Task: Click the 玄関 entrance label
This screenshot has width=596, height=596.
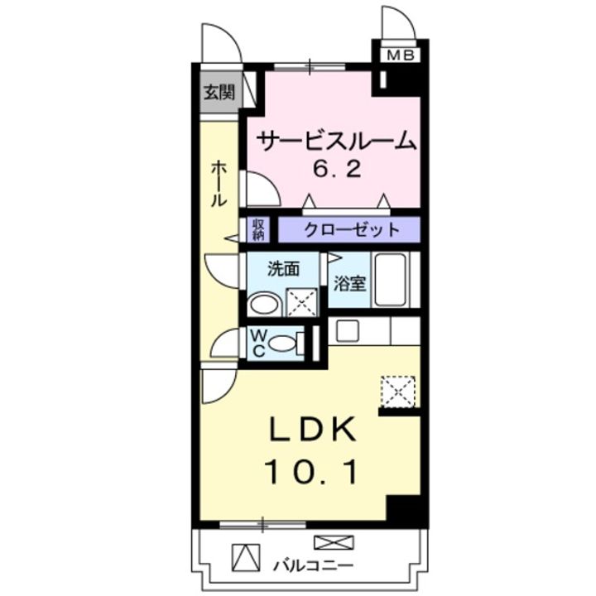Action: (219, 92)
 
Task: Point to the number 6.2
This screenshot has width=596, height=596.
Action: (336, 170)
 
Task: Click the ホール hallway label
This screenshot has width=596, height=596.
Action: (219, 184)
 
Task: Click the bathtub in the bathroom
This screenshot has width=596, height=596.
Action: (391, 281)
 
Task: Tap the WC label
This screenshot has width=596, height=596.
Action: (257, 344)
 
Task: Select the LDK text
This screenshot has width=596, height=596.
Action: (311, 430)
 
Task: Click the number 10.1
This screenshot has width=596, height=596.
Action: (311, 473)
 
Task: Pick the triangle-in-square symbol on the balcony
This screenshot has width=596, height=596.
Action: (245, 558)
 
